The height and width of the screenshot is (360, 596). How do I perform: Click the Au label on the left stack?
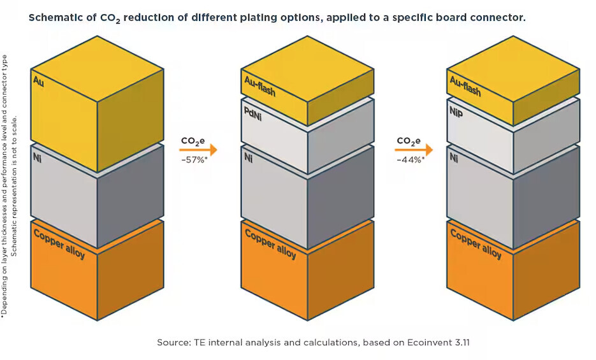tap(38, 82)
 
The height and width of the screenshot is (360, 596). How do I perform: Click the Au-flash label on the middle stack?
tap(260, 86)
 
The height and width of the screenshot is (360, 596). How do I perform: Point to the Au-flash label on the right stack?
tap(465, 86)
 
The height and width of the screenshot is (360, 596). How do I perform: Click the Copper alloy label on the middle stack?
tap(270, 243)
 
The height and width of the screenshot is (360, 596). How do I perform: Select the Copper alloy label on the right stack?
tap(476, 243)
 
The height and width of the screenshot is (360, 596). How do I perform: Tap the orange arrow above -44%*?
tap(414, 150)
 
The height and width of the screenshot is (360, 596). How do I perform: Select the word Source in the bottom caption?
tap(173, 342)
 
